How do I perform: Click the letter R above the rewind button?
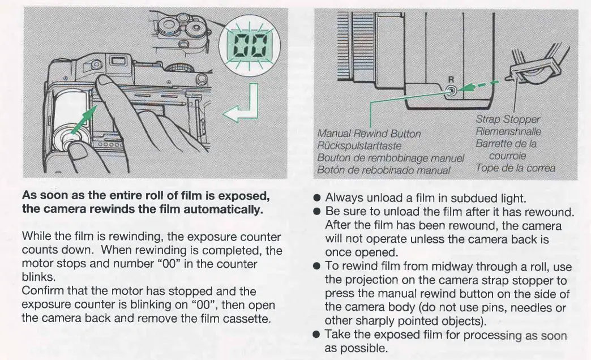coord(451,79)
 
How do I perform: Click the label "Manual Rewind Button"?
coord(369,134)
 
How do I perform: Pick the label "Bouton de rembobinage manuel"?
coord(391,158)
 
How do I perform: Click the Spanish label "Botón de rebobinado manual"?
coord(384,170)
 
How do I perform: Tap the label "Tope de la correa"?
coord(515,168)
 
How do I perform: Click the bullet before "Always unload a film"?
coord(318,198)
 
